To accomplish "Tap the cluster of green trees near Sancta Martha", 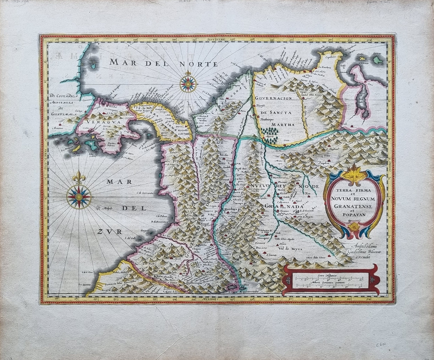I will point(269,131).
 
